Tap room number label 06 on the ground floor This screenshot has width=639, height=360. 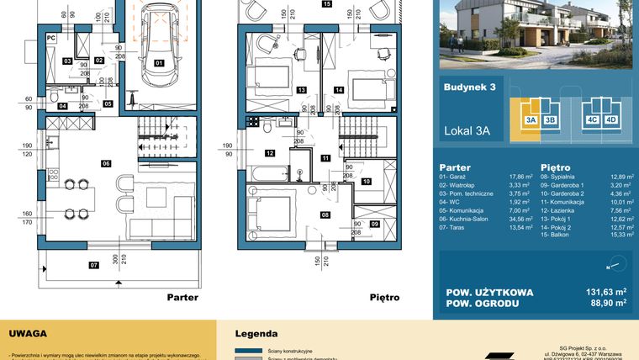point(106,162)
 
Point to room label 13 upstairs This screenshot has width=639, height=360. point(299,89)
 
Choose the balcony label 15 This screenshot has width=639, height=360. point(326,4)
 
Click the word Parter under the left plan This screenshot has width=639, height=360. point(182,297)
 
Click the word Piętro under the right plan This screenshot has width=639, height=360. point(383,297)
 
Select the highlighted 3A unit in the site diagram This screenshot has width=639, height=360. point(531,120)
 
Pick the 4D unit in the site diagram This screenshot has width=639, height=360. point(611,120)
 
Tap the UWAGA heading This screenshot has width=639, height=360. point(28,333)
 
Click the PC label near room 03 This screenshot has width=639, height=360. point(50,38)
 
